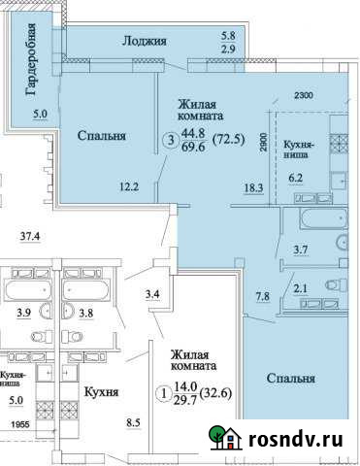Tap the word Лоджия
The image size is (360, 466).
point(146,41)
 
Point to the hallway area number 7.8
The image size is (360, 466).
point(264,297)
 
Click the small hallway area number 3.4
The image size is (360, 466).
point(151,293)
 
